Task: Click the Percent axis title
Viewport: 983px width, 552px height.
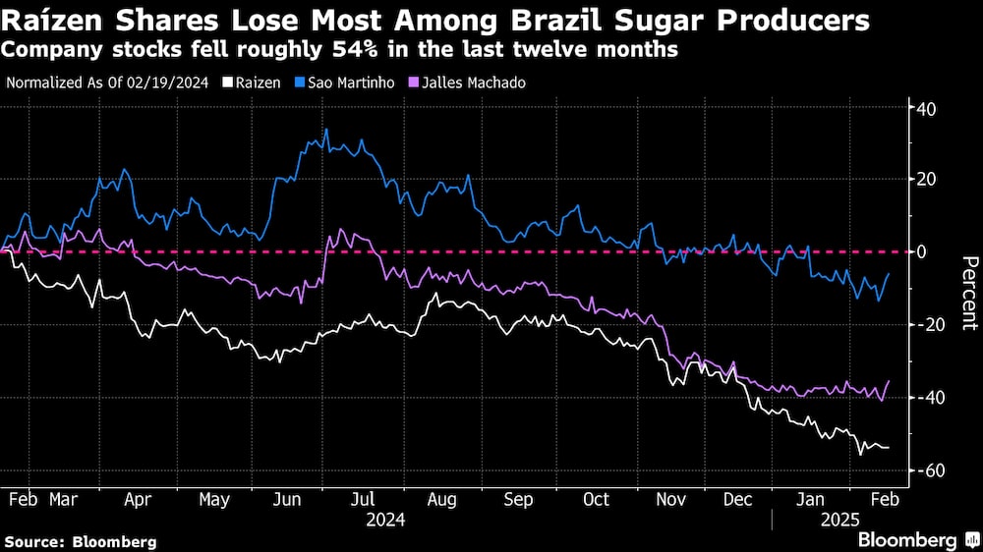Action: point(969,293)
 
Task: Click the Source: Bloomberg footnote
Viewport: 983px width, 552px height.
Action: point(80,541)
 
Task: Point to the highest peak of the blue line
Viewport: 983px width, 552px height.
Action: point(325,130)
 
